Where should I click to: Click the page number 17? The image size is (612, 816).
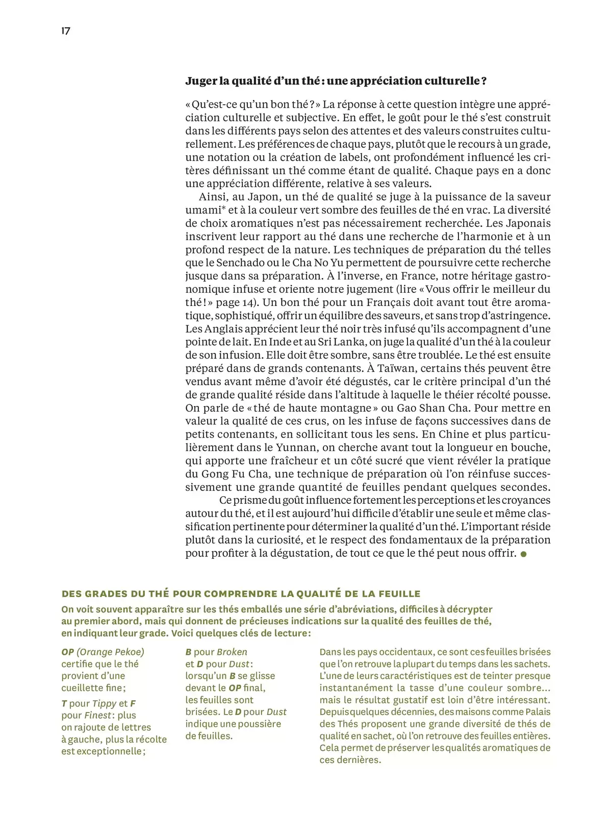click(x=66, y=31)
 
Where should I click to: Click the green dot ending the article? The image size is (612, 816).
click(x=523, y=554)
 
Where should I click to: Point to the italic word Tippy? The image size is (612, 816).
click(x=104, y=704)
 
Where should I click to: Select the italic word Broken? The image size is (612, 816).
click(x=232, y=652)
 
